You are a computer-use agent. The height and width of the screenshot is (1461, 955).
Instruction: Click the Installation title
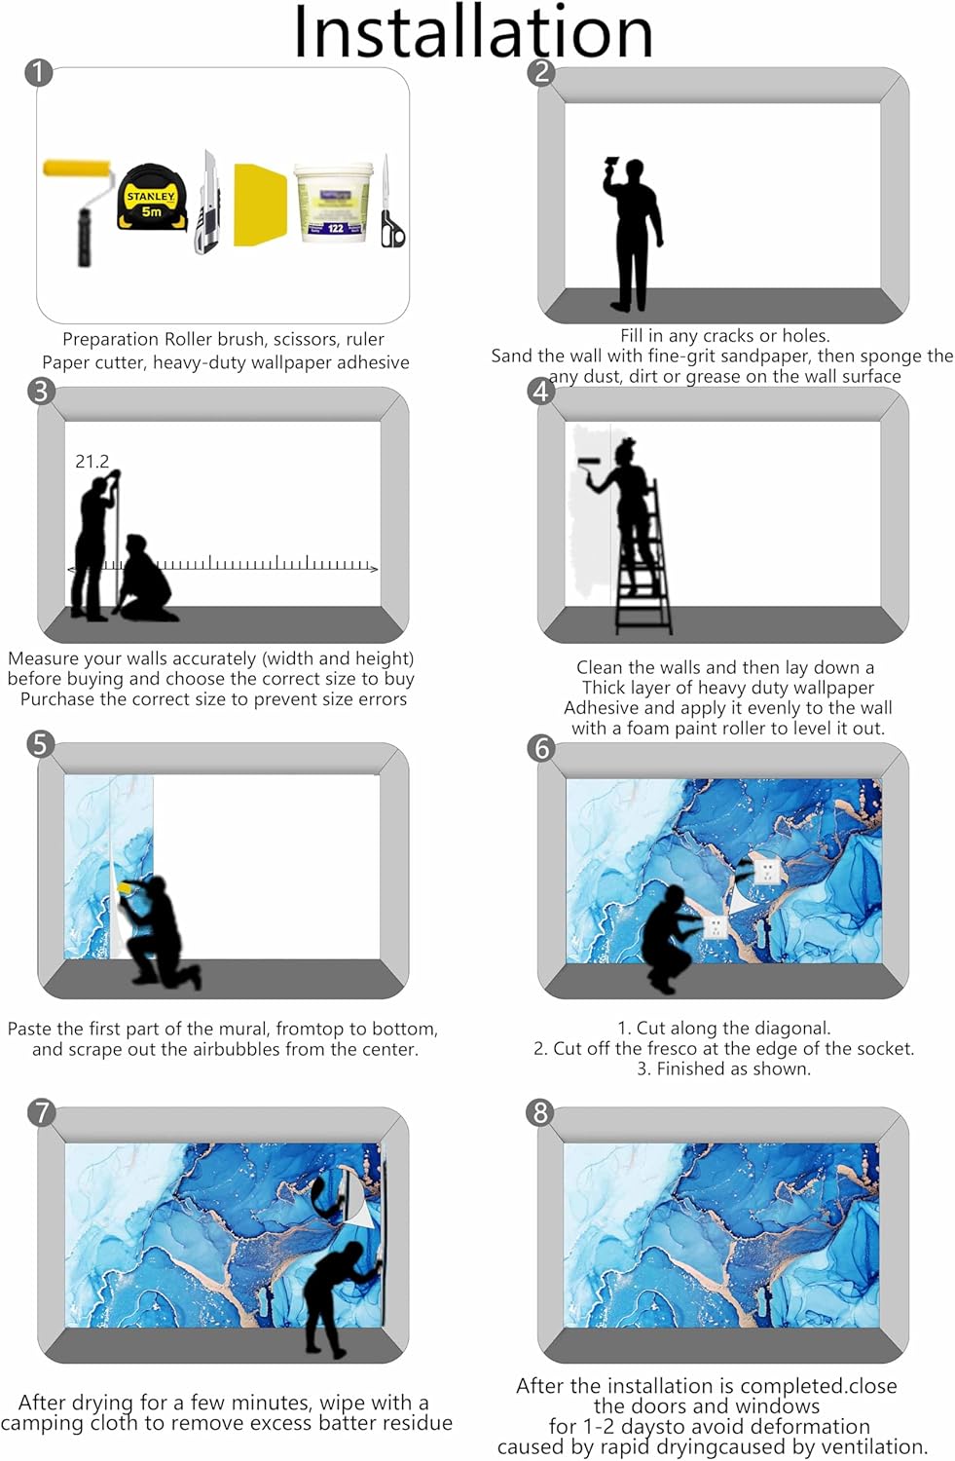(x=473, y=31)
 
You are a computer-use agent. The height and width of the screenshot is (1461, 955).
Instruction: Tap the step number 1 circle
(x=39, y=72)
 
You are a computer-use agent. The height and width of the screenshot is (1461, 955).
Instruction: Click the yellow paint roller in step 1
(x=79, y=209)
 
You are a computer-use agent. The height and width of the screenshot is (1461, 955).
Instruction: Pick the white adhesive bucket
(x=333, y=203)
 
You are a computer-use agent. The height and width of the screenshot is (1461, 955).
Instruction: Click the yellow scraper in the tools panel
(x=260, y=205)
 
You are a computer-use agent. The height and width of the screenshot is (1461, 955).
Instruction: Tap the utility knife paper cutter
(x=208, y=202)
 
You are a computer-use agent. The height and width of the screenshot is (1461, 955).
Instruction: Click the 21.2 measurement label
(x=92, y=462)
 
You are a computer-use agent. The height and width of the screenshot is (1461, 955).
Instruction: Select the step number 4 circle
(x=540, y=392)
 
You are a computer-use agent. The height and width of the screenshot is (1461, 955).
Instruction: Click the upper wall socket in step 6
(x=766, y=872)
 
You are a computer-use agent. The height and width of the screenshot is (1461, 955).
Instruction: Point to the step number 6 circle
(x=541, y=748)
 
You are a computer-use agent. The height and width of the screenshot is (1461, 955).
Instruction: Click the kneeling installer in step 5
(x=160, y=933)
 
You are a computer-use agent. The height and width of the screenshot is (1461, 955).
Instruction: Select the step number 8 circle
(x=539, y=1112)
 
